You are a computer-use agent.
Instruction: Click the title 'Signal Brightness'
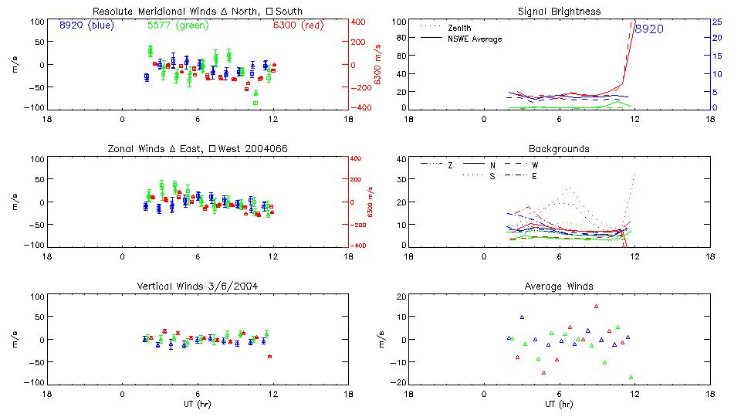pyautogui.click(x=560, y=12)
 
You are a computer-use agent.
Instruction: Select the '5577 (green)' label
pyautogui.click(x=177, y=25)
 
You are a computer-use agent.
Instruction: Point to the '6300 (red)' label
pyautogui.click(x=298, y=25)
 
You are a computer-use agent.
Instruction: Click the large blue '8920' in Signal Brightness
pyautogui.click(x=648, y=29)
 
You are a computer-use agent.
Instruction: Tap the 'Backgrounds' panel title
pyautogui.click(x=560, y=148)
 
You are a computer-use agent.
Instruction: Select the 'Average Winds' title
pyautogui.click(x=560, y=286)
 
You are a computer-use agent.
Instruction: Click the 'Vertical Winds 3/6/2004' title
pyautogui.click(x=198, y=286)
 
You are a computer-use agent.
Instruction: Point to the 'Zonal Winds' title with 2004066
pyautogui.click(x=198, y=148)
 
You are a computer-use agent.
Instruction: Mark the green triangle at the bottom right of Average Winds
pyautogui.click(x=631, y=377)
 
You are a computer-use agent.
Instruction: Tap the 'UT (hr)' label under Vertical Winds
pyautogui.click(x=198, y=404)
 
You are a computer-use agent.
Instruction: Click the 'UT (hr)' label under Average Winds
pyautogui.click(x=560, y=404)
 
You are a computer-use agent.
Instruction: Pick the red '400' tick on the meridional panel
pyautogui.click(x=359, y=21)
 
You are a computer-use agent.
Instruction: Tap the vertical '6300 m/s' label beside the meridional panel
pyautogui.click(x=378, y=64)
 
